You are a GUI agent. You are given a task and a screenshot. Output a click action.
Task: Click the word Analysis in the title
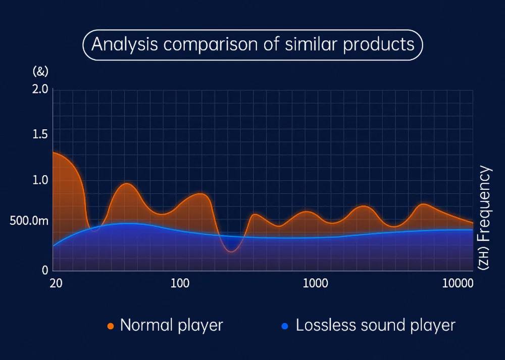coord(125,44)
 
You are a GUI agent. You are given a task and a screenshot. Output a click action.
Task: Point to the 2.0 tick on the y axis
coord(40,89)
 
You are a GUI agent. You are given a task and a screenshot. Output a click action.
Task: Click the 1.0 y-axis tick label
coord(40,180)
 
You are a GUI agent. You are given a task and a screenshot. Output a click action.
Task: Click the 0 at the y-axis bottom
coord(44,271)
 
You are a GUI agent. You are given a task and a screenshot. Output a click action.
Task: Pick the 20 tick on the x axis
coord(56,284)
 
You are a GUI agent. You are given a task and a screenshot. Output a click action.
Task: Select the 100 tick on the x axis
coord(180,284)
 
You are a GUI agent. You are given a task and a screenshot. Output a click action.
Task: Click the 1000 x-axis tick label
coord(316,284)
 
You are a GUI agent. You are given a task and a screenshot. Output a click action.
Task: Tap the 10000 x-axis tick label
coord(457,284)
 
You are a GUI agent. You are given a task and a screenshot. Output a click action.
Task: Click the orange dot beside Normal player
coord(111,326)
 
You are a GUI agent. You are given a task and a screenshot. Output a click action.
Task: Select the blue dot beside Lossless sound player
coord(285,326)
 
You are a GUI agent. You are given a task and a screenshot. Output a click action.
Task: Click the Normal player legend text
coord(171,325)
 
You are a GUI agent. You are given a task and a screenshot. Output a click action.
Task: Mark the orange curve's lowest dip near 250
coord(231,251)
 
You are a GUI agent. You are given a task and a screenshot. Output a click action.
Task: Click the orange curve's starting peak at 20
coord(54,152)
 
